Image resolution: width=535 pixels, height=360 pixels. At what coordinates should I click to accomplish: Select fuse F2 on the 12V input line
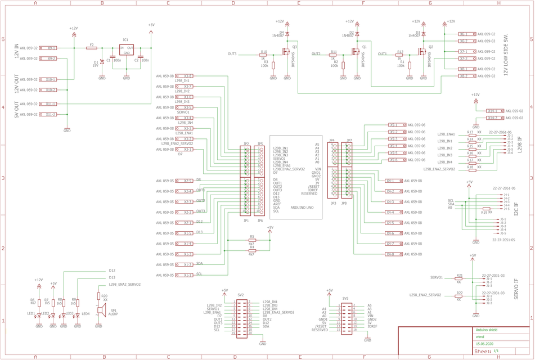(x=92, y=48)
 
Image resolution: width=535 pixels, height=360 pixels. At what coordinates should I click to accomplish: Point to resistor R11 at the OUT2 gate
(x=334, y=55)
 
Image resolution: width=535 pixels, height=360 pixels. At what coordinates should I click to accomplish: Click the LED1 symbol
(x=39, y=316)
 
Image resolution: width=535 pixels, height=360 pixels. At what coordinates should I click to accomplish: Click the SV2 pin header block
(x=241, y=318)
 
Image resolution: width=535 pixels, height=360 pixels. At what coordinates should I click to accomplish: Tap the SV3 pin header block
(x=345, y=317)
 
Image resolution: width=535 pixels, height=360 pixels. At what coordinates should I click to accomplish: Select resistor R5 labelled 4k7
(x=252, y=240)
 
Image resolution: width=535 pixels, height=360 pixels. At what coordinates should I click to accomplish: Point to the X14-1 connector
(x=494, y=111)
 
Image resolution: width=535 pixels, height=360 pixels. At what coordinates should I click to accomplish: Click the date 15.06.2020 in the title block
(x=485, y=343)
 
